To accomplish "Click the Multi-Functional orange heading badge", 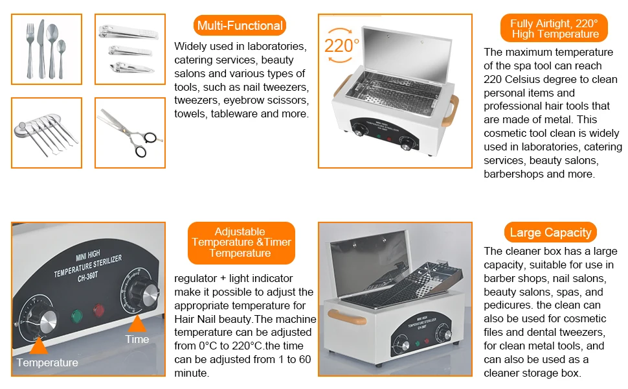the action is click(240, 26).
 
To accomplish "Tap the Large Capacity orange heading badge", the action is click(550, 233).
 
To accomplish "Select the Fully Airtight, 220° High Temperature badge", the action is click(554, 29).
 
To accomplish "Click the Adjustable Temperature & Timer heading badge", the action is click(241, 242).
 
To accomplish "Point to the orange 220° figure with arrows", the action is click(341, 46).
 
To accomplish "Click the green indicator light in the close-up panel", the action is click(76, 316).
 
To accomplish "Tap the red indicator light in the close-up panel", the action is click(98, 310).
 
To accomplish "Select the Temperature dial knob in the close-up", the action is click(44, 321).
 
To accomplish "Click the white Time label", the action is click(137, 339).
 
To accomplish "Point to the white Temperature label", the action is click(47, 362).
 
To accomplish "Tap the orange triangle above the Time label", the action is click(137, 324).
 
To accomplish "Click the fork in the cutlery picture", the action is click(30, 50).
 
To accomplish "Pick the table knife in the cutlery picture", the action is click(41, 49).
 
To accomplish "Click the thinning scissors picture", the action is click(129, 133).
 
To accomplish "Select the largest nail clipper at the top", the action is click(128, 32).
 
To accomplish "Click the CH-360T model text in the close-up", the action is click(87, 277).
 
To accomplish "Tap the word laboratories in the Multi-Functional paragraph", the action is click(276, 47).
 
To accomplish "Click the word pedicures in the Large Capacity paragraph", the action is click(508, 305).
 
